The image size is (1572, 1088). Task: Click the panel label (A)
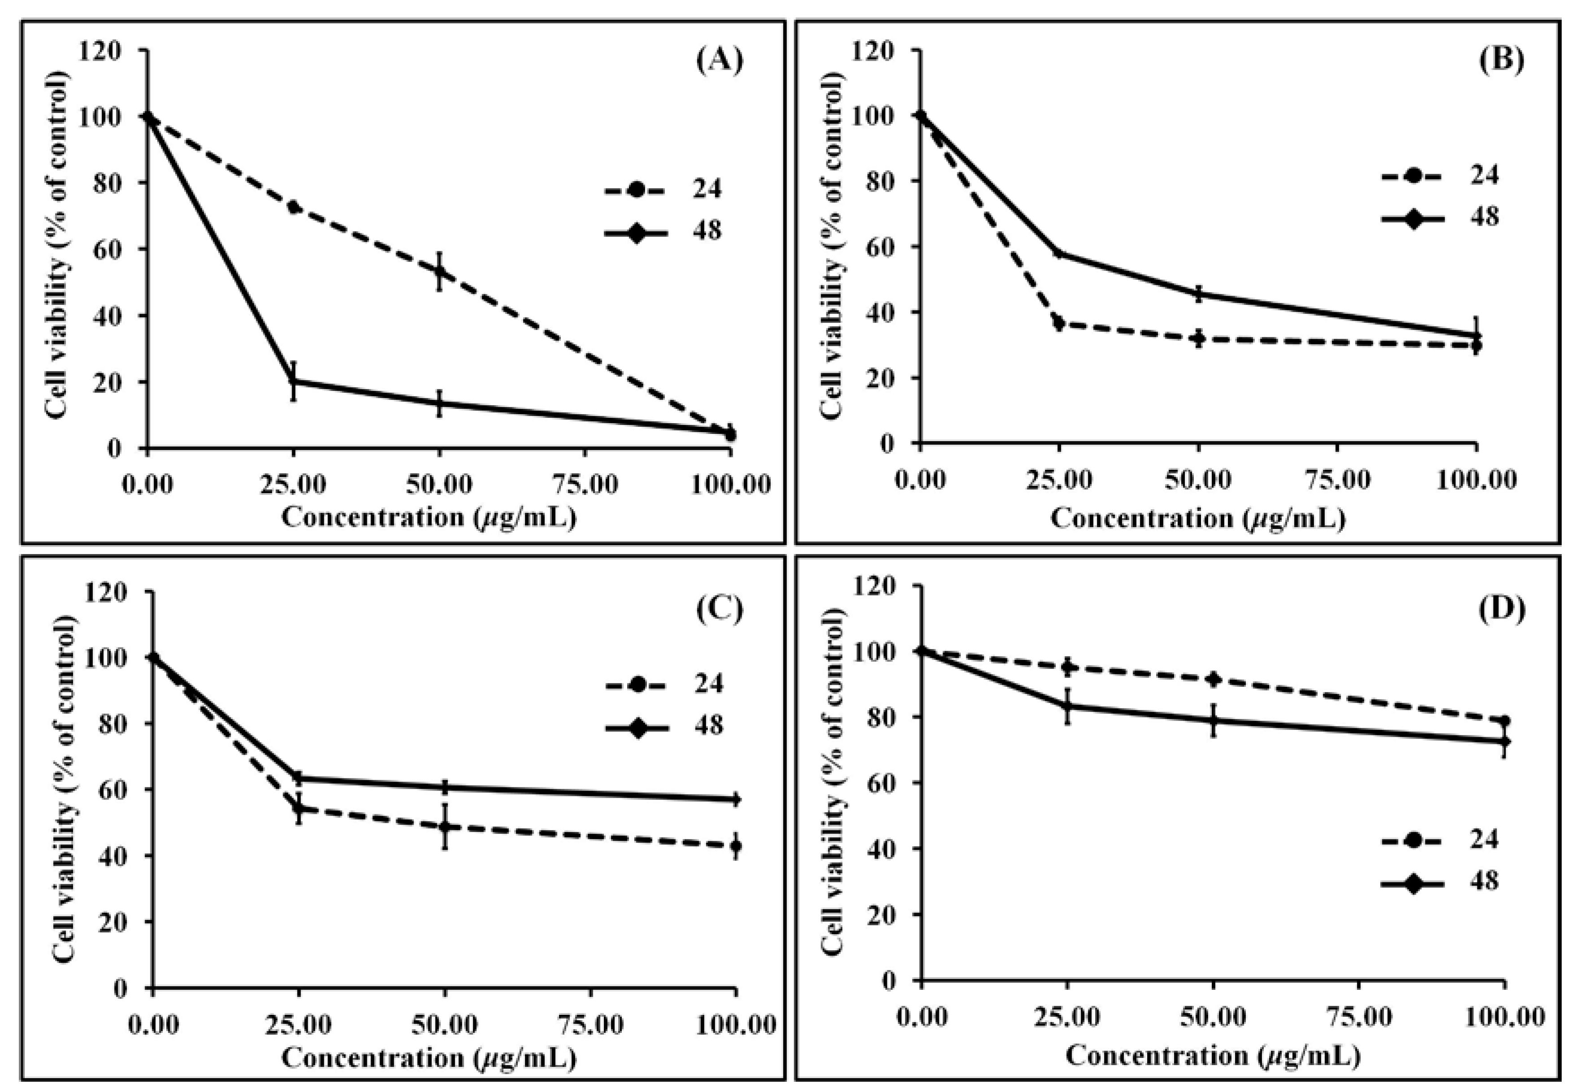[719, 61]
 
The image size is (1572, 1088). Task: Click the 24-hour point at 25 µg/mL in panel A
[294, 206]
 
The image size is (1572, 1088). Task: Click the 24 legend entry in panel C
[665, 682]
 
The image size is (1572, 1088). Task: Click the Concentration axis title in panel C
[429, 1058]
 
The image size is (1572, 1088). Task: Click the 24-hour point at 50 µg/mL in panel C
[445, 826]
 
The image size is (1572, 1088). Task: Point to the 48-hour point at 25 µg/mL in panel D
[1068, 706]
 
